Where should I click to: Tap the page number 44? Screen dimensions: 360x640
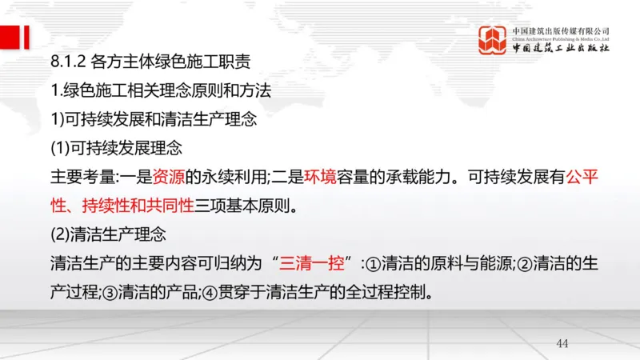(562, 343)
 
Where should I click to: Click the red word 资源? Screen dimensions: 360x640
(169, 178)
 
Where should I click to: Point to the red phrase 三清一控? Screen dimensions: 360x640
(318, 262)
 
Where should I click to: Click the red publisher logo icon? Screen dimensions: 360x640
(493, 40)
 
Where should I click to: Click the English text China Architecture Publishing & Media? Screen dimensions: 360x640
(561, 39)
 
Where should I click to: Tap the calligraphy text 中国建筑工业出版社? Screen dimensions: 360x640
(561, 50)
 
